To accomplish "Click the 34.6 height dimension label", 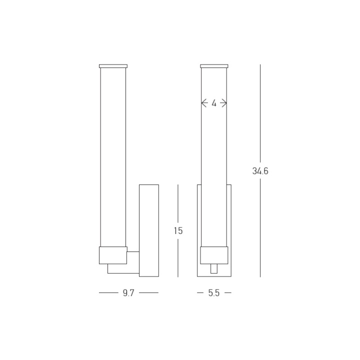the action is (260, 171).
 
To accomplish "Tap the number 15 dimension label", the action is (178, 230).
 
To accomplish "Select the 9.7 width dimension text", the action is (128, 293).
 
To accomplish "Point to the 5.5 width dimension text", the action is (214, 293).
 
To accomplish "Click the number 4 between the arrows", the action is (214, 103).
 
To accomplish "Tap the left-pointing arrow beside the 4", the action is (204, 103).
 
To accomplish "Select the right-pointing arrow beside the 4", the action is (223, 103).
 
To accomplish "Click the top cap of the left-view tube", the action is (113, 66).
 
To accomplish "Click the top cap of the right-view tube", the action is (214, 66).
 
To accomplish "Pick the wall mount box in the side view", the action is (149, 230).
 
